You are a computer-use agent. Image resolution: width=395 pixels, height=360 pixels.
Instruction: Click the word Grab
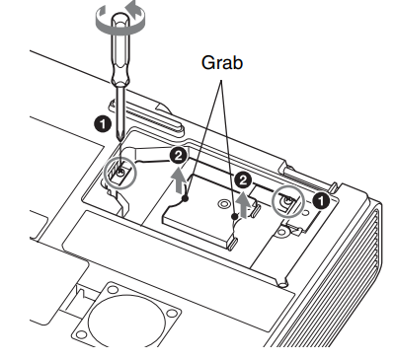coord(222,62)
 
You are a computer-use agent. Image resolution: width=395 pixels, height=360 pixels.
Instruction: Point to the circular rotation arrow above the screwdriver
coord(119,19)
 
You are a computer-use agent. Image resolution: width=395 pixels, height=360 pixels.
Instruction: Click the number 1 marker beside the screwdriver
coord(103,125)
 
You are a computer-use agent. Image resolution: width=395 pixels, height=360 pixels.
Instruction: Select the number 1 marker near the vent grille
coord(321,200)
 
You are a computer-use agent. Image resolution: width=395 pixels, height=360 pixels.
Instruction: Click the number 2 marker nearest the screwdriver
coord(179,156)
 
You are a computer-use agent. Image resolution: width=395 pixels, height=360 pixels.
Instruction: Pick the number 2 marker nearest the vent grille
coord(243,180)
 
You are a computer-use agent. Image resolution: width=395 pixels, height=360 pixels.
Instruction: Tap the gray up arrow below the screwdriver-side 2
coord(178,180)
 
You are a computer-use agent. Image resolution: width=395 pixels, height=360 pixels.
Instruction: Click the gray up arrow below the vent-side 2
coord(244,205)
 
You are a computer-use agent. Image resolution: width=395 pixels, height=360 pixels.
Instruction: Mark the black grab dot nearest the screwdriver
coord(186,198)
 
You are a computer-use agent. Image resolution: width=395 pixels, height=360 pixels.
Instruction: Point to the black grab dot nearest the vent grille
coord(234,216)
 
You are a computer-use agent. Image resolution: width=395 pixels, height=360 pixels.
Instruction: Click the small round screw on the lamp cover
coord(223,204)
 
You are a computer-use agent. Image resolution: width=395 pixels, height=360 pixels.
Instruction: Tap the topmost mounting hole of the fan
coord(113,290)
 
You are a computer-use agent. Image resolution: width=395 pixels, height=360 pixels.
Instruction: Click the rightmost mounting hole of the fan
coord(172,313)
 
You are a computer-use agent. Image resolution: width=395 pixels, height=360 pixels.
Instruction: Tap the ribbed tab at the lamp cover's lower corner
coord(233,245)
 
